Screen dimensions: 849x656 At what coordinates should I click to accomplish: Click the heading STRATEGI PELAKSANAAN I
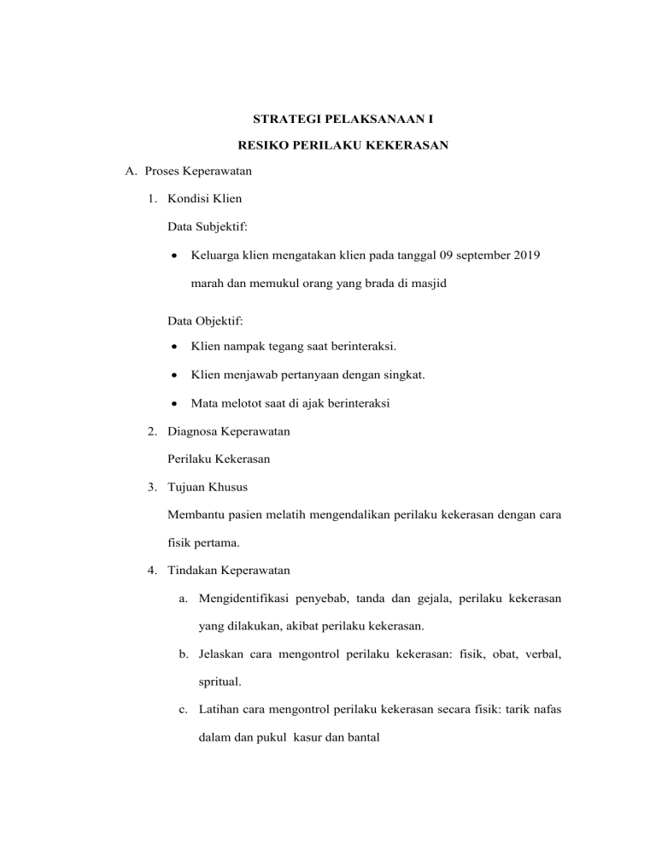(327, 116)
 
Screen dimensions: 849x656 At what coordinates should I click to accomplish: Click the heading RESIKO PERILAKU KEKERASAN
(327, 146)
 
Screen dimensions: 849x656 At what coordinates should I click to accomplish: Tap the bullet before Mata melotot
(174, 403)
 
